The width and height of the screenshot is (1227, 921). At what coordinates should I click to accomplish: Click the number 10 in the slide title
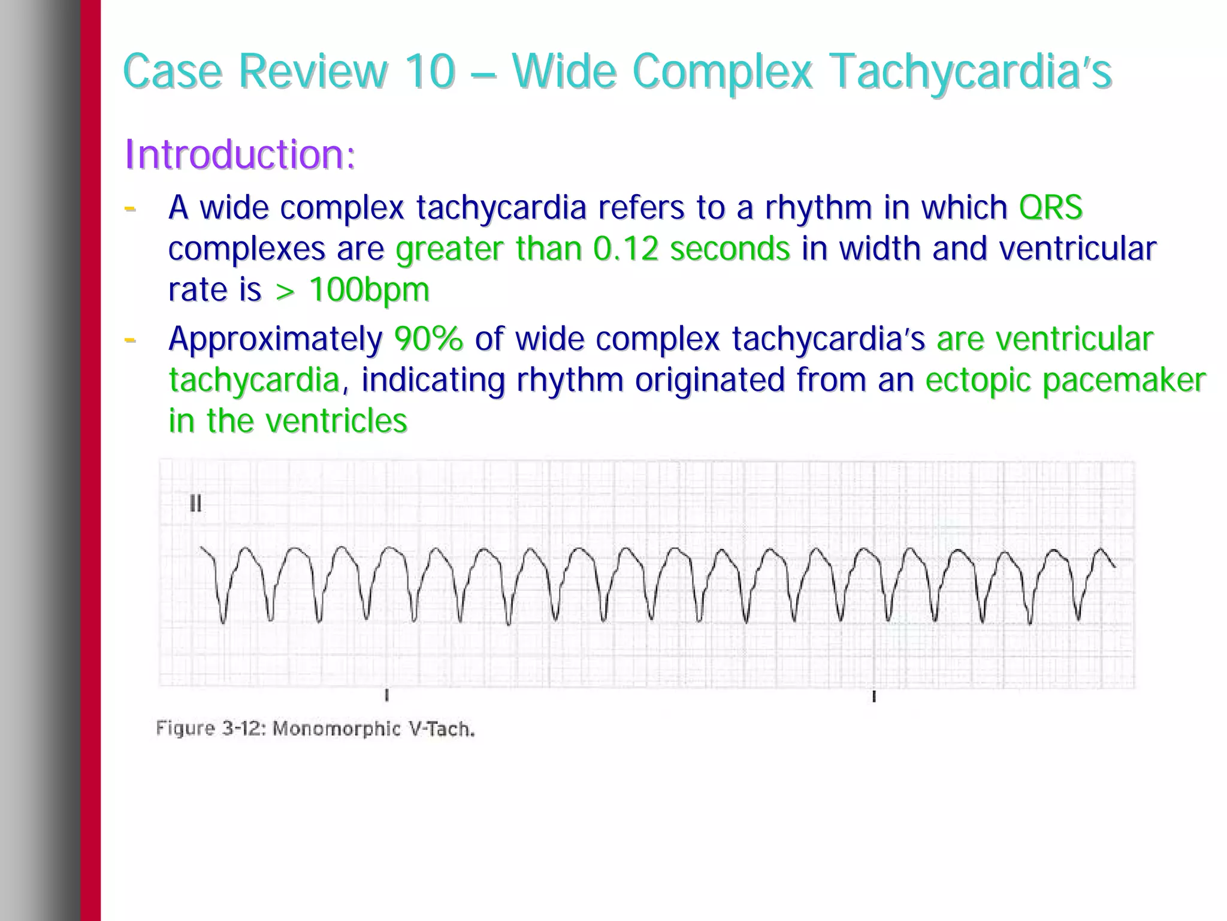click(x=430, y=71)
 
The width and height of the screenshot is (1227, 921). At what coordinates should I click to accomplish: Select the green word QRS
click(x=1051, y=208)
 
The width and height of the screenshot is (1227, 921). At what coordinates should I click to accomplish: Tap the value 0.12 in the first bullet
click(x=625, y=249)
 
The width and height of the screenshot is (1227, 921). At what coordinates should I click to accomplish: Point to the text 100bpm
click(x=369, y=290)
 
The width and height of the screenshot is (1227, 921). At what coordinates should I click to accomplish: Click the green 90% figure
click(x=428, y=339)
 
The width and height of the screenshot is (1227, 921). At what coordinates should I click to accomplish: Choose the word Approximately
click(x=276, y=339)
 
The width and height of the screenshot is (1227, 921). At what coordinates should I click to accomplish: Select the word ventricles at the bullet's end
click(x=336, y=421)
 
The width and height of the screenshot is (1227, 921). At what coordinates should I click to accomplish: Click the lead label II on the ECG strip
click(x=195, y=504)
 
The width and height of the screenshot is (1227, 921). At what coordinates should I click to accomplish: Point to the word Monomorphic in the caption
click(x=336, y=729)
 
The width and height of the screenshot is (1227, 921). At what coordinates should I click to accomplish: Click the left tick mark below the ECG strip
click(x=387, y=696)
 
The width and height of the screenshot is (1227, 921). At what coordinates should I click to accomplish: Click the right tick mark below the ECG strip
click(x=874, y=696)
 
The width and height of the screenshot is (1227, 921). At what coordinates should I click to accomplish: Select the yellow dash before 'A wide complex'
click(x=129, y=209)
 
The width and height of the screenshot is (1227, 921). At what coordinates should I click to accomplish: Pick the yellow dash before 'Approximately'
click(x=129, y=340)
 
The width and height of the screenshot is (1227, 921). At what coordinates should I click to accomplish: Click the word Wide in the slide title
click(x=564, y=71)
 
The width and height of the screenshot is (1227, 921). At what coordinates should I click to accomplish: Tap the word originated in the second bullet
click(x=709, y=380)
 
